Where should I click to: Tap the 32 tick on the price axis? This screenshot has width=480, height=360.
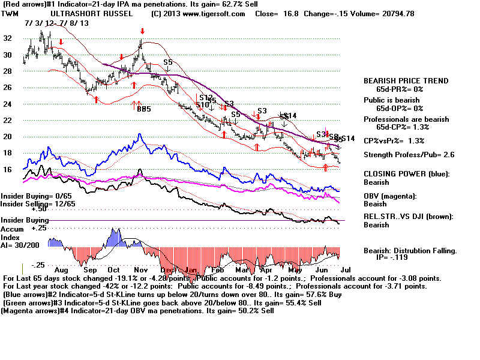click(8, 37)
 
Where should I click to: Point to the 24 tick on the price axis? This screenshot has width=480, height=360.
click(8, 104)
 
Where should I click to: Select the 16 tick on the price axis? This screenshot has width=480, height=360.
click(8, 170)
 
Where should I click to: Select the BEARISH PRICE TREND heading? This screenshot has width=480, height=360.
click(406, 80)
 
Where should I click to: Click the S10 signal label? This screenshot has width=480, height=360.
click(202, 105)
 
